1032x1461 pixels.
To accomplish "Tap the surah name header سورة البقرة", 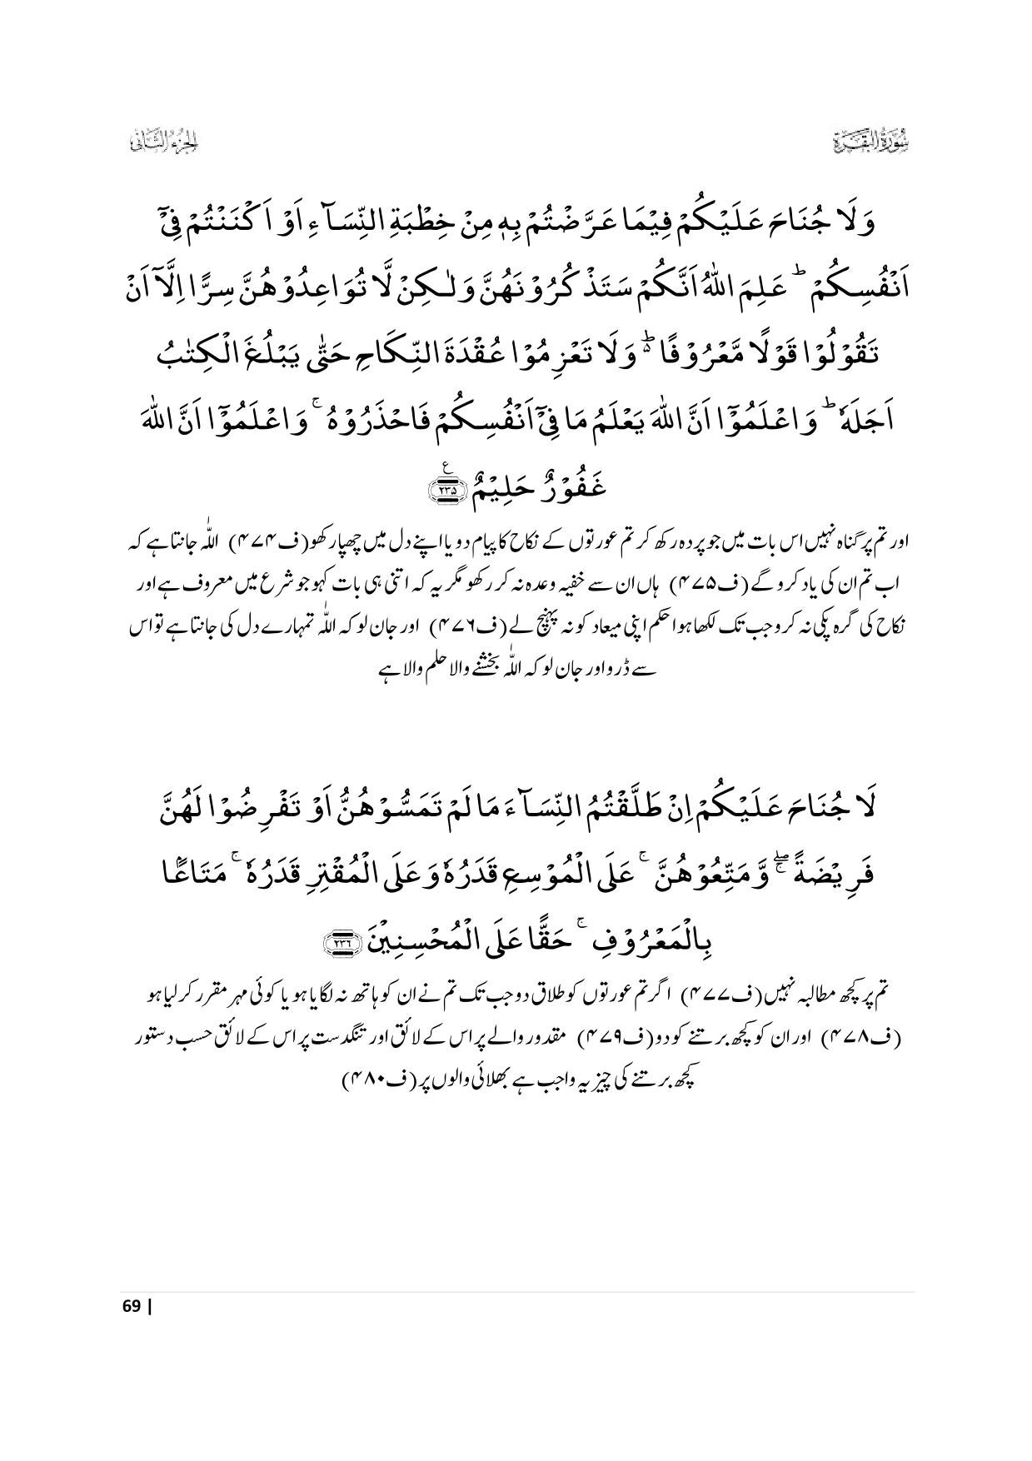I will [872, 142].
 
